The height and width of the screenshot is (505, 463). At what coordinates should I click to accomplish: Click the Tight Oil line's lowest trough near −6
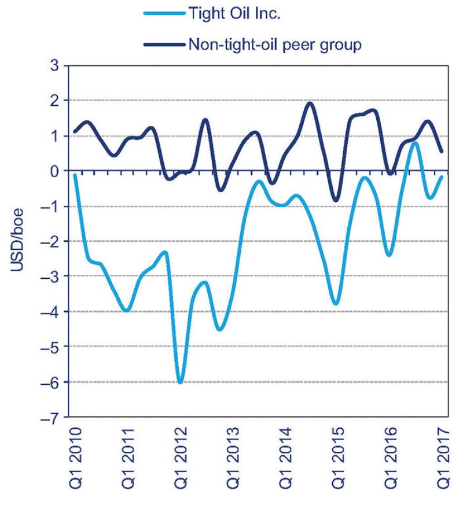(x=181, y=382)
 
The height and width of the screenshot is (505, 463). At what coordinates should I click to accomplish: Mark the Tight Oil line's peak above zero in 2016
(x=414, y=142)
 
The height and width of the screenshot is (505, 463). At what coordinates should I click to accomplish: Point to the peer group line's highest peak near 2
(x=309, y=103)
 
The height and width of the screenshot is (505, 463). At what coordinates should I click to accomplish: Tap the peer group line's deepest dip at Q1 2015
(x=336, y=201)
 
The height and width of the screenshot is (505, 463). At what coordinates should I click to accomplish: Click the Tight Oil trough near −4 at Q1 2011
(x=126, y=311)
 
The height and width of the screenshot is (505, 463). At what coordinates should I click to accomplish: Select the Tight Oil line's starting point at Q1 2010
(x=75, y=175)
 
